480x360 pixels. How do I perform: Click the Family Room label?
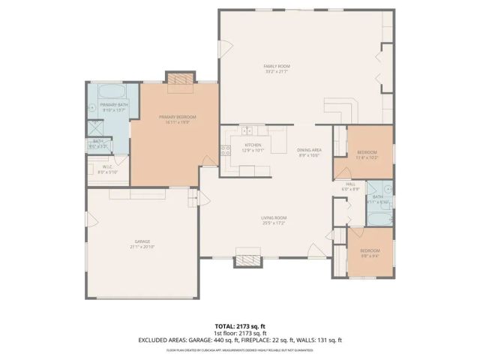(x=276, y=67)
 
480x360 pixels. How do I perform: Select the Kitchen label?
(x=252, y=145)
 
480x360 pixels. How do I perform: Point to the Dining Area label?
(x=309, y=150)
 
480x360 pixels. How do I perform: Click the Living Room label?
(x=274, y=217)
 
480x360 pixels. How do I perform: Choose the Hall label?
(x=349, y=184)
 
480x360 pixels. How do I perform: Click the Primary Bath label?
(x=115, y=105)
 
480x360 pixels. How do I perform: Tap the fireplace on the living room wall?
(x=249, y=259)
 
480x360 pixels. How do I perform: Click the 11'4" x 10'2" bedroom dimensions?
(x=367, y=157)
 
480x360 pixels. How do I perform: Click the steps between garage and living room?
(x=193, y=199)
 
